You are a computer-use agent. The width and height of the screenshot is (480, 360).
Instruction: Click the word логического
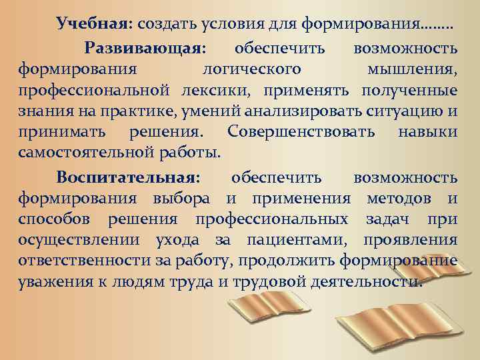pyautogui.click(x=251, y=69)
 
